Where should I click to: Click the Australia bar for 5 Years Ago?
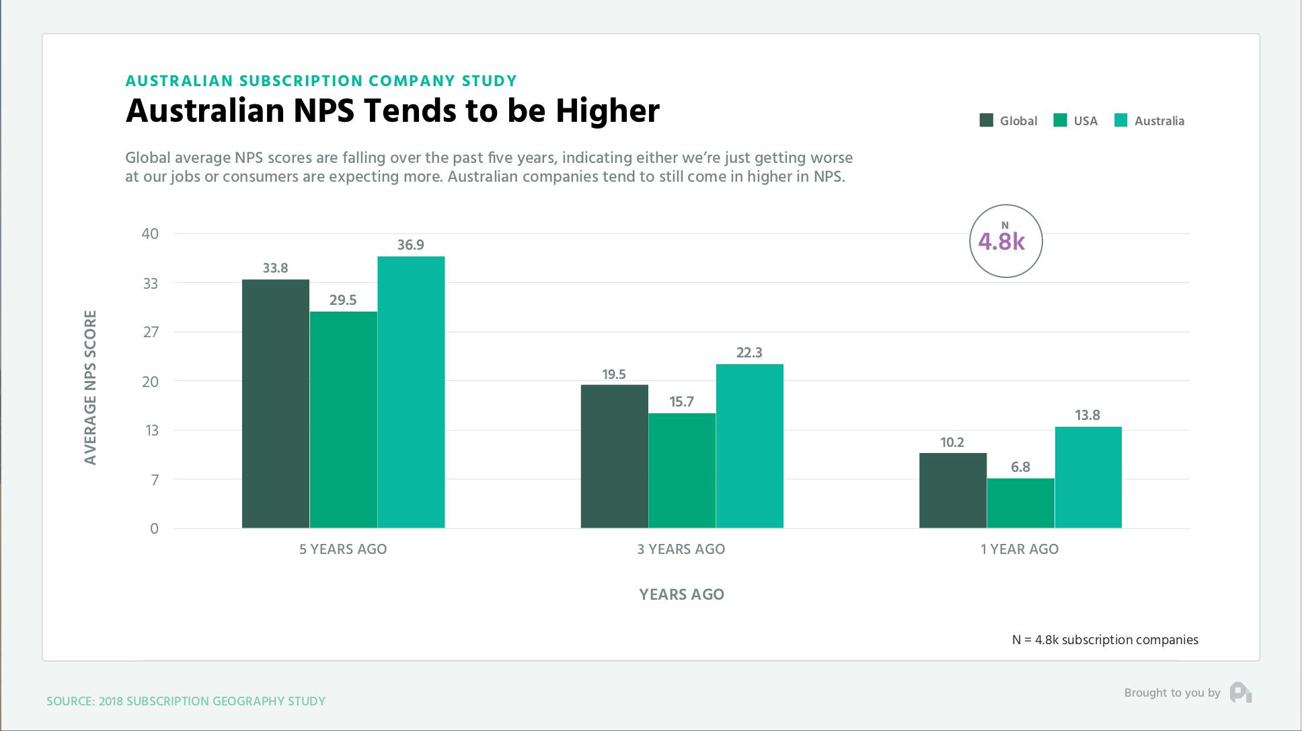coord(411,392)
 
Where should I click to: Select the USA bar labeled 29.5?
coord(343,419)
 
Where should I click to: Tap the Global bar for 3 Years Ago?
coord(614,456)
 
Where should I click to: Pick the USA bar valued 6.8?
coord(1020,503)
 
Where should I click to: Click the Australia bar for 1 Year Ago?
coord(1087,477)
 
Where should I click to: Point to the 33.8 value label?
coord(275,268)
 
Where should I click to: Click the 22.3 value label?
coord(749,353)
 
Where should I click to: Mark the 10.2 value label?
coord(952,442)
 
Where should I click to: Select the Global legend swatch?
coord(986,120)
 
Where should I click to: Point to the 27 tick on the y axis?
coord(151,332)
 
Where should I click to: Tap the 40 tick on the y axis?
coord(150,234)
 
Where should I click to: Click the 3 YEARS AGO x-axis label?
coord(681,549)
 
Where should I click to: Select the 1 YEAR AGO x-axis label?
coord(1019,549)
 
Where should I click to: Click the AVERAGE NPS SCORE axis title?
coord(91,387)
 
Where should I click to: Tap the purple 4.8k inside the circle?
coord(1001,242)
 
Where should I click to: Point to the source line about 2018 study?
coord(186,701)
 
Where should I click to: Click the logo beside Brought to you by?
coord(1240,693)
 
